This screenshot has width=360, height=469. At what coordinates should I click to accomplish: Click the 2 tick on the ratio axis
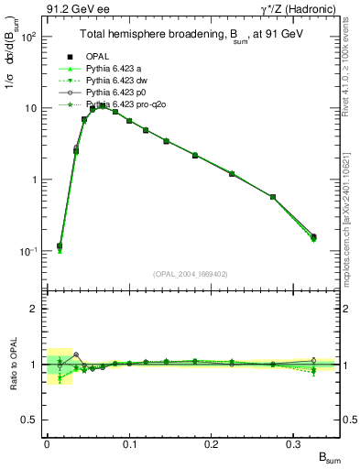coord(37,309)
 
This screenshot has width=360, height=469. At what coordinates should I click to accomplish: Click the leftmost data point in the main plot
coord(60,246)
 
